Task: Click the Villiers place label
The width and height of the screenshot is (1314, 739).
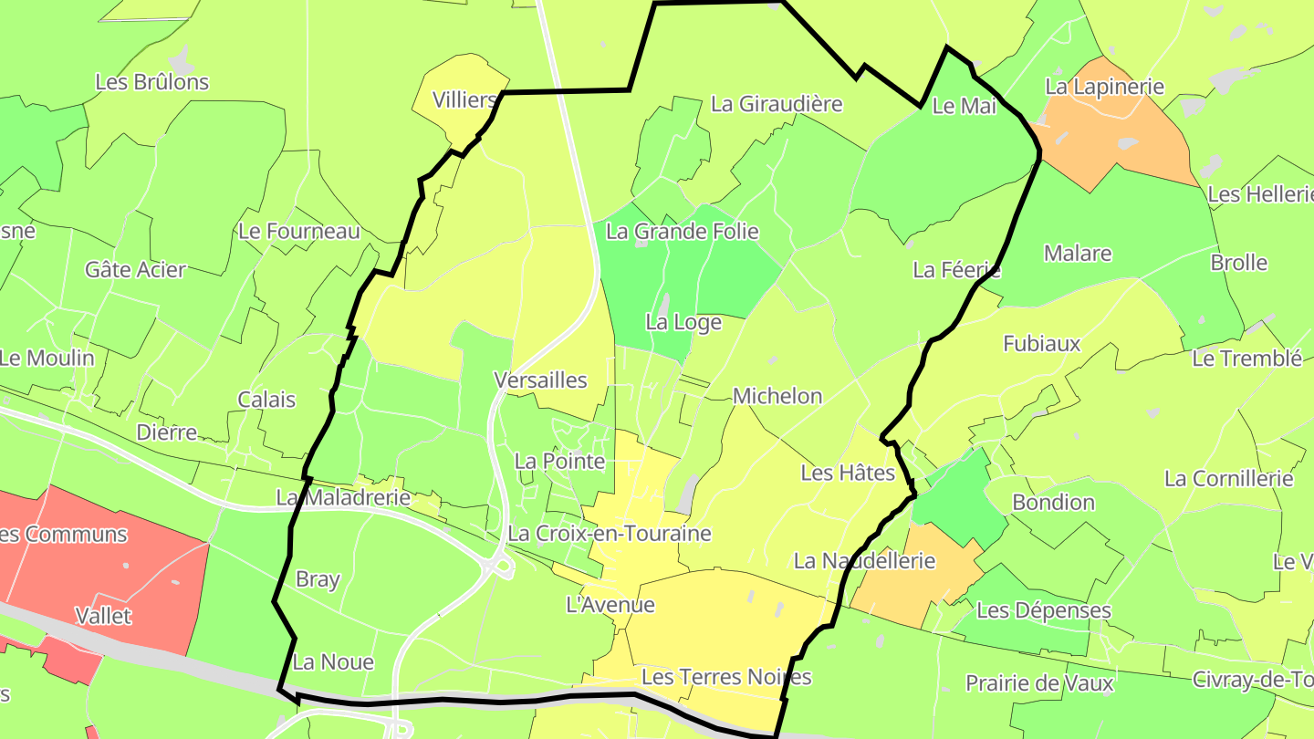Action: pos(464,99)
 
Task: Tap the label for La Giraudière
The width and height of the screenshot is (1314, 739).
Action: pos(776,104)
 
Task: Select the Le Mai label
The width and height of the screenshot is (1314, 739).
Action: pos(964,106)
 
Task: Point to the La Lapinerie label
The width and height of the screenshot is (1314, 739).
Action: pos(1104,87)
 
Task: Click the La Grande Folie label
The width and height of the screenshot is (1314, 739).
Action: pos(682,232)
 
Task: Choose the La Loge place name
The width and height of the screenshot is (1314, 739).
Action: pos(683,322)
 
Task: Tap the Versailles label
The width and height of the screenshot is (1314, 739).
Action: pos(539,380)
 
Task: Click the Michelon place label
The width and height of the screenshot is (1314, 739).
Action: pos(777,396)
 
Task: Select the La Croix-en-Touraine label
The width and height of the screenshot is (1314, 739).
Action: pos(609,533)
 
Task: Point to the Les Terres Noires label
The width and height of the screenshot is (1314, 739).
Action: pos(726,677)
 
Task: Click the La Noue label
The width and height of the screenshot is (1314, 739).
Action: pos(333,662)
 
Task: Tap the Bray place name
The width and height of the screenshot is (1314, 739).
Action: pos(318,579)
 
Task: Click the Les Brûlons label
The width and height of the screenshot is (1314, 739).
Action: pos(151,82)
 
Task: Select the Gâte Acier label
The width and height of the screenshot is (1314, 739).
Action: pos(135,270)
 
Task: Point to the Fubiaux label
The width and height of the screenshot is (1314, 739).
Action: pos(1041,344)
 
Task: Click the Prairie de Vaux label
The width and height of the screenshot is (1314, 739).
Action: pos(1027,683)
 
